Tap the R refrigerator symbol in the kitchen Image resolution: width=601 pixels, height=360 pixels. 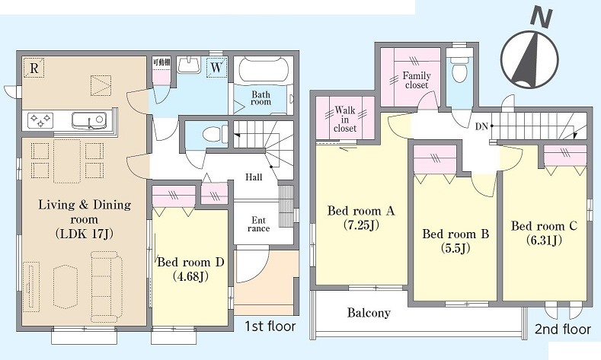pyautogui.click(x=34, y=68)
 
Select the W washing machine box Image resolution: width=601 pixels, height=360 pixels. pyautogui.click(x=216, y=68)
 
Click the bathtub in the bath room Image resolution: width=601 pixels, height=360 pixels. pyautogui.click(x=263, y=69)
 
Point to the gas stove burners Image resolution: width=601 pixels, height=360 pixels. pyautogui.click(x=40, y=119)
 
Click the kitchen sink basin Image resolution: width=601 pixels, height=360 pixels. pyautogui.click(x=88, y=119)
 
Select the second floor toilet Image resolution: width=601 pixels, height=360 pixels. pyautogui.click(x=459, y=69)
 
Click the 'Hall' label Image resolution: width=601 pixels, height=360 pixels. pyautogui.click(x=254, y=177)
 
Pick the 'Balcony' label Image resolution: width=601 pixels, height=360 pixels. pyautogui.click(x=369, y=313)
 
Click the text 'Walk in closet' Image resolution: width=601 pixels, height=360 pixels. pyautogui.click(x=345, y=119)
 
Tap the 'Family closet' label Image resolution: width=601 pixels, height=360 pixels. pyautogui.click(x=416, y=80)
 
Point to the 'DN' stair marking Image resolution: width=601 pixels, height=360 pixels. pyautogui.click(x=481, y=126)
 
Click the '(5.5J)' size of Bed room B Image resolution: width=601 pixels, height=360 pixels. pyautogui.click(x=455, y=249)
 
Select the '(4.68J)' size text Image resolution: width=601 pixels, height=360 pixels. pyautogui.click(x=190, y=276)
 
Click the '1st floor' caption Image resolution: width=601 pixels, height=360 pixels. pyautogui.click(x=270, y=327)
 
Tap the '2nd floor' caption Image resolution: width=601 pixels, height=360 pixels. pyautogui.click(x=563, y=329)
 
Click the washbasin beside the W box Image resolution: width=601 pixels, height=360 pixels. pyautogui.click(x=189, y=65)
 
